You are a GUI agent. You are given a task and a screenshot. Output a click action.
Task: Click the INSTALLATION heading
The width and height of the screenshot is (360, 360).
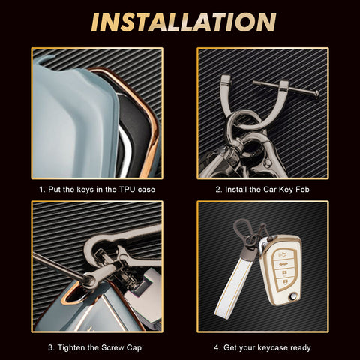(184, 22)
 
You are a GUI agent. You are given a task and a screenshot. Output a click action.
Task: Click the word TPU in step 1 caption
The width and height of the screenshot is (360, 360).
(127, 190)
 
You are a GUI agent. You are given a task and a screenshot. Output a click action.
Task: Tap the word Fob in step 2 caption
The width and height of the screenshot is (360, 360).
(302, 190)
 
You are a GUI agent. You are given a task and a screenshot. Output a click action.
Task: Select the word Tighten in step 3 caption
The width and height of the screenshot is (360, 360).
(71, 347)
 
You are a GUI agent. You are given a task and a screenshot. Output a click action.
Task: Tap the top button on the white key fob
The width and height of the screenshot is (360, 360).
(284, 255)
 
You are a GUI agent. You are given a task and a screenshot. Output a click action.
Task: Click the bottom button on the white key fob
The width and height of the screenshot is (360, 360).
(285, 282)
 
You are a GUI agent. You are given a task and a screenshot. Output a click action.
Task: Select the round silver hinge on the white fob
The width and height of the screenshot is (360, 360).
(292, 296)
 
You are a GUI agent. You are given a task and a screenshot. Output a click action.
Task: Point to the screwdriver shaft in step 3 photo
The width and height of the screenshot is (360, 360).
(58, 265)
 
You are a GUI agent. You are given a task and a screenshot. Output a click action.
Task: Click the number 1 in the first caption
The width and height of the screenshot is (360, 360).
(42, 190)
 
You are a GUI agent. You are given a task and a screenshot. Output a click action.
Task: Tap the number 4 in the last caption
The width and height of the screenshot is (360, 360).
(217, 347)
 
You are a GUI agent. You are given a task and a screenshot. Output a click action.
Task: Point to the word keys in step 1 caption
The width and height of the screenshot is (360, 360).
(85, 190)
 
